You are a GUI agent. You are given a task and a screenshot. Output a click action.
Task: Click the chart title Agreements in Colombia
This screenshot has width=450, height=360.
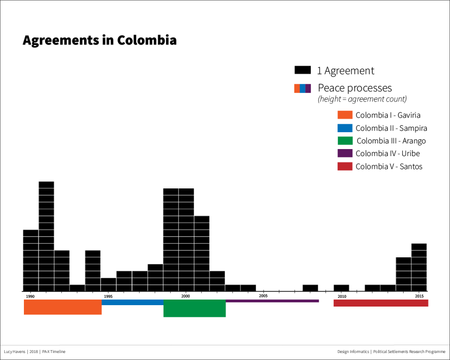(99, 40)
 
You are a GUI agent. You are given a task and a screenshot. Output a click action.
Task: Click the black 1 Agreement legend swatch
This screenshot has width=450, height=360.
(302, 70)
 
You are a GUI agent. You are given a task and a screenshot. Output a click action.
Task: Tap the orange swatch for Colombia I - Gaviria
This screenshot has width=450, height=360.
(345, 115)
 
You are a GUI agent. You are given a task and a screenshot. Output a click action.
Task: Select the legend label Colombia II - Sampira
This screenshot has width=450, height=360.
(391, 128)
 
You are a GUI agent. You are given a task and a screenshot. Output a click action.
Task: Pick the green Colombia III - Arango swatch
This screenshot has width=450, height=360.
(345, 141)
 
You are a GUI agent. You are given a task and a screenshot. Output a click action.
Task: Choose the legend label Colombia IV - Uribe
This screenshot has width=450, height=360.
(387, 153)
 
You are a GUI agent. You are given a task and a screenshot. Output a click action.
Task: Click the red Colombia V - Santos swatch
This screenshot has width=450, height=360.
(345, 166)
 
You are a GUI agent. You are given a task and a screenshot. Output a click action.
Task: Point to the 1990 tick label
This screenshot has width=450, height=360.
(30, 296)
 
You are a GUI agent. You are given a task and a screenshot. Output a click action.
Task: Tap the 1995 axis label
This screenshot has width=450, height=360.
(108, 296)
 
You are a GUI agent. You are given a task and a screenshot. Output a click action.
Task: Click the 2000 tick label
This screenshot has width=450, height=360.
(186, 296)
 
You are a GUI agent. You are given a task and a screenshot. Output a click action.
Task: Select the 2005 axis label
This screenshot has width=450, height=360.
(263, 296)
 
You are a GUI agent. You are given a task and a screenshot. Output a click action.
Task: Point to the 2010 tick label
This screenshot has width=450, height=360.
(342, 296)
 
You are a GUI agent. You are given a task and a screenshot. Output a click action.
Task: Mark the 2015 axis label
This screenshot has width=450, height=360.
(419, 296)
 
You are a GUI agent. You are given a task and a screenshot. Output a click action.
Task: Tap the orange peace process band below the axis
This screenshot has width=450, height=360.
(62, 307)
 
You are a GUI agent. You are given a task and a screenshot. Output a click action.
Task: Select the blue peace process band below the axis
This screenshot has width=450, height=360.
(132, 302)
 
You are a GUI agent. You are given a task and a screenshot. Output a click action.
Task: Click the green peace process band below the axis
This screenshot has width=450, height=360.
(195, 308)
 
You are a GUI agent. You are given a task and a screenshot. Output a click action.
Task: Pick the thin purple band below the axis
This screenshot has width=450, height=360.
(272, 301)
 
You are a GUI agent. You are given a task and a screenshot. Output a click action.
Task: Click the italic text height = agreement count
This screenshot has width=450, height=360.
(362, 99)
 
